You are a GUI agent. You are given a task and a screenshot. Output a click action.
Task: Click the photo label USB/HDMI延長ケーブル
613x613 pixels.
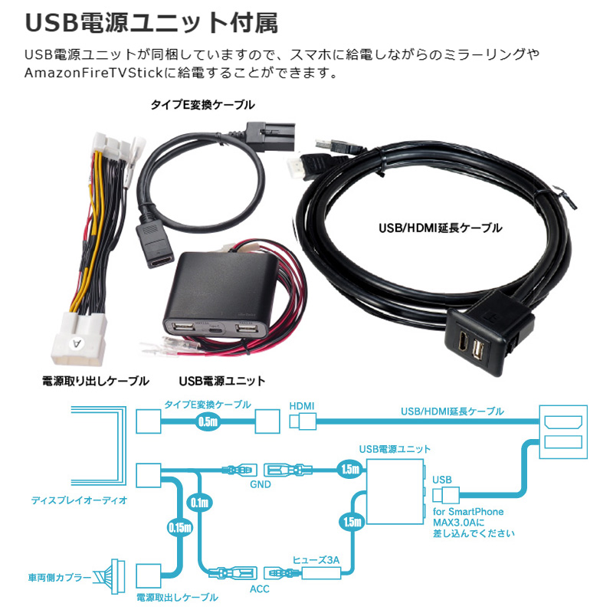tap(441, 228)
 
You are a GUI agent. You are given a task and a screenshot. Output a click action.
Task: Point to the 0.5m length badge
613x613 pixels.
tap(208, 421)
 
